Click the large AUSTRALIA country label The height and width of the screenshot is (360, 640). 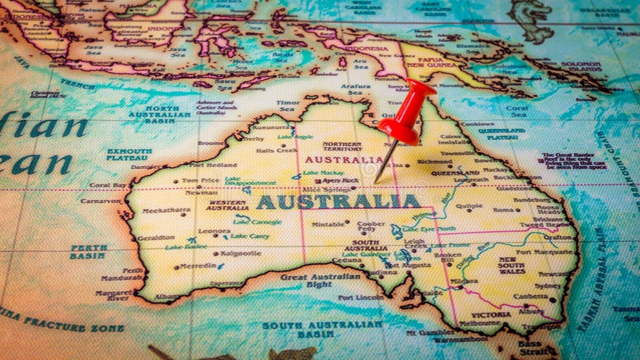point(338,202)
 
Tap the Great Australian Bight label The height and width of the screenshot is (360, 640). point(321,281)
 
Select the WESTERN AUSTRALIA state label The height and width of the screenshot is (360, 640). point(227,205)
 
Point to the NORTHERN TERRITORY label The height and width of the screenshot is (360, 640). point(342,146)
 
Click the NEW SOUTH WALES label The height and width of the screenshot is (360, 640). point(512,266)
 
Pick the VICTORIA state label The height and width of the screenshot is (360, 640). point(492,315)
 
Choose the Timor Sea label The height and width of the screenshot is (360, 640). point(288,105)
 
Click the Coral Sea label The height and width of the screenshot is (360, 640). point(517,111)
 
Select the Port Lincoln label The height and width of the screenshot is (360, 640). point(361,297)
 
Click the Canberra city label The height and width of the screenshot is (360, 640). point(530,297)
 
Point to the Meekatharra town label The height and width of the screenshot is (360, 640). point(166,210)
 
